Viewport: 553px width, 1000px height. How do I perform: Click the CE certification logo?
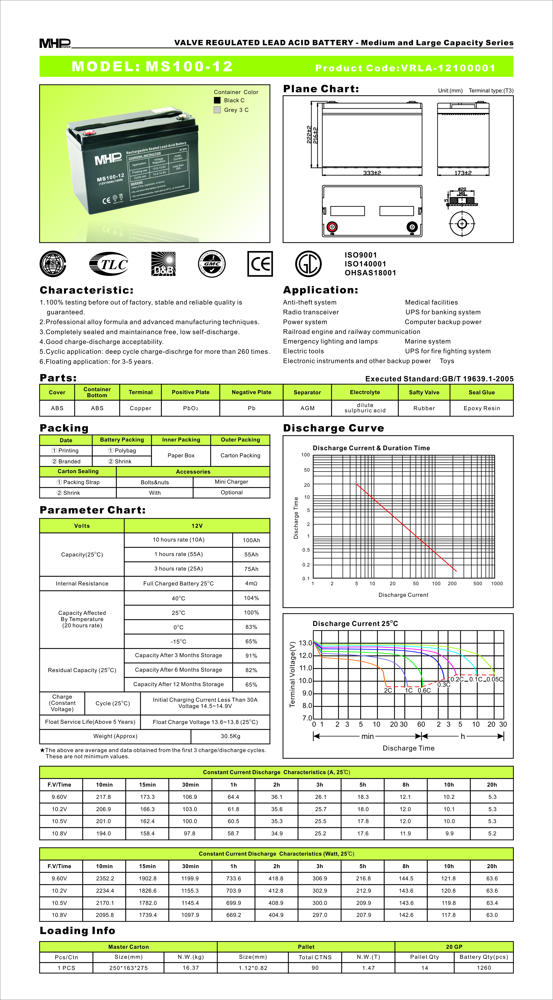pos(260,264)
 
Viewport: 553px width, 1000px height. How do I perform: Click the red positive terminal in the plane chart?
pos(332,227)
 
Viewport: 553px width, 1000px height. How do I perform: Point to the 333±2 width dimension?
pos(372,173)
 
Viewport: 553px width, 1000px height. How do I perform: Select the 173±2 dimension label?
pos(463,173)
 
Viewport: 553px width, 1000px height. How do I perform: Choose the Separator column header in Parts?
pos(307,393)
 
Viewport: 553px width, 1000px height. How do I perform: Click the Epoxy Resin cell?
pos(481,408)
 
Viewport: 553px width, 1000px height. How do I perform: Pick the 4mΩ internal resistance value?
pos(251,583)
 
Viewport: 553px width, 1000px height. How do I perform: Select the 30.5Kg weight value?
pos(230,736)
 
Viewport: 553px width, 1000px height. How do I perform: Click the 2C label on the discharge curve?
pos(388,690)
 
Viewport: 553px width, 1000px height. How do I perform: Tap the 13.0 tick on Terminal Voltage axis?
pos(305,643)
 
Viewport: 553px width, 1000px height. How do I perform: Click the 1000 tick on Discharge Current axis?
pos(497,583)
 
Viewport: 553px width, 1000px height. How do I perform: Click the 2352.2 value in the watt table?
pos(105,879)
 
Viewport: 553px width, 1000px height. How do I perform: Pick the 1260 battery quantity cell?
pos(484,968)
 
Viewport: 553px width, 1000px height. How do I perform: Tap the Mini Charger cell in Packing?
pos(231,482)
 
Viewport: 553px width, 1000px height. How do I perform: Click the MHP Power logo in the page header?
pos(55,43)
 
